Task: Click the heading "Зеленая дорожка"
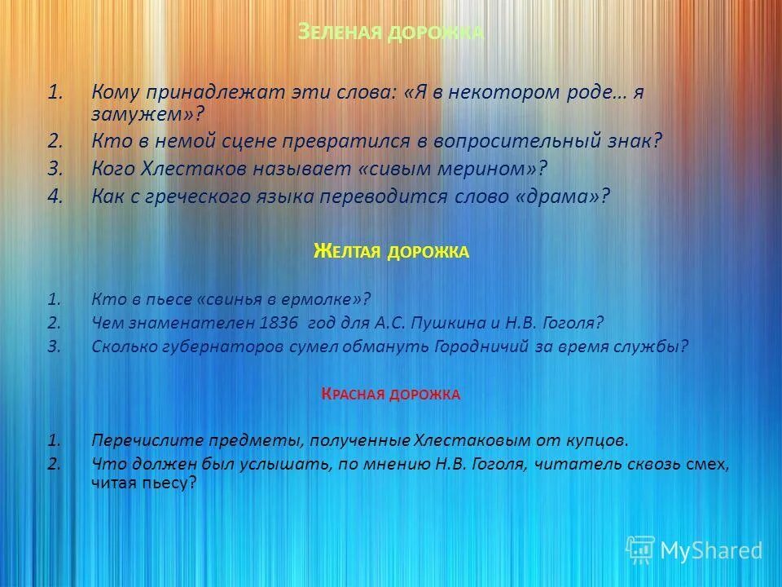[x=391, y=33]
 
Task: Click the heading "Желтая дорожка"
[x=391, y=251]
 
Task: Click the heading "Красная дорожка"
[x=391, y=395]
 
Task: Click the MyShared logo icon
[x=640, y=549]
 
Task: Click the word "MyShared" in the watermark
[x=711, y=550]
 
